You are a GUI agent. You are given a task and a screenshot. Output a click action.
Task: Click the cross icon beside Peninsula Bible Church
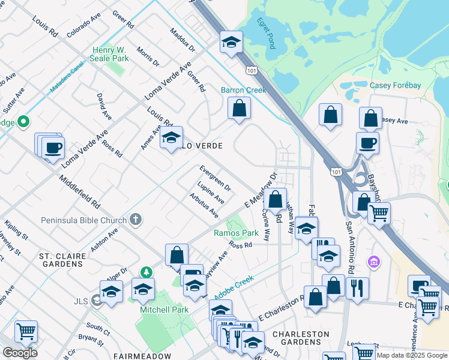pyautogui.click(x=136, y=220)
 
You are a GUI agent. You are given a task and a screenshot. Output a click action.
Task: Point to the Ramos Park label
pyautogui.click(x=236, y=233)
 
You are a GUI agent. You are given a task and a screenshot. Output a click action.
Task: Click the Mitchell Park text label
pyautogui.click(x=164, y=310)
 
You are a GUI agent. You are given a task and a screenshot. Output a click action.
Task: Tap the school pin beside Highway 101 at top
pyautogui.click(x=231, y=43)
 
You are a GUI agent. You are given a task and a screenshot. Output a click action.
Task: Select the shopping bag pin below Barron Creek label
pyautogui.click(x=239, y=109)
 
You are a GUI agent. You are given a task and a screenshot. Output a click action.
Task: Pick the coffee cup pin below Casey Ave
pyautogui.click(x=367, y=143)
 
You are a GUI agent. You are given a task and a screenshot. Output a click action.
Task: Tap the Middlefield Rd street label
pyautogui.click(x=79, y=191)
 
